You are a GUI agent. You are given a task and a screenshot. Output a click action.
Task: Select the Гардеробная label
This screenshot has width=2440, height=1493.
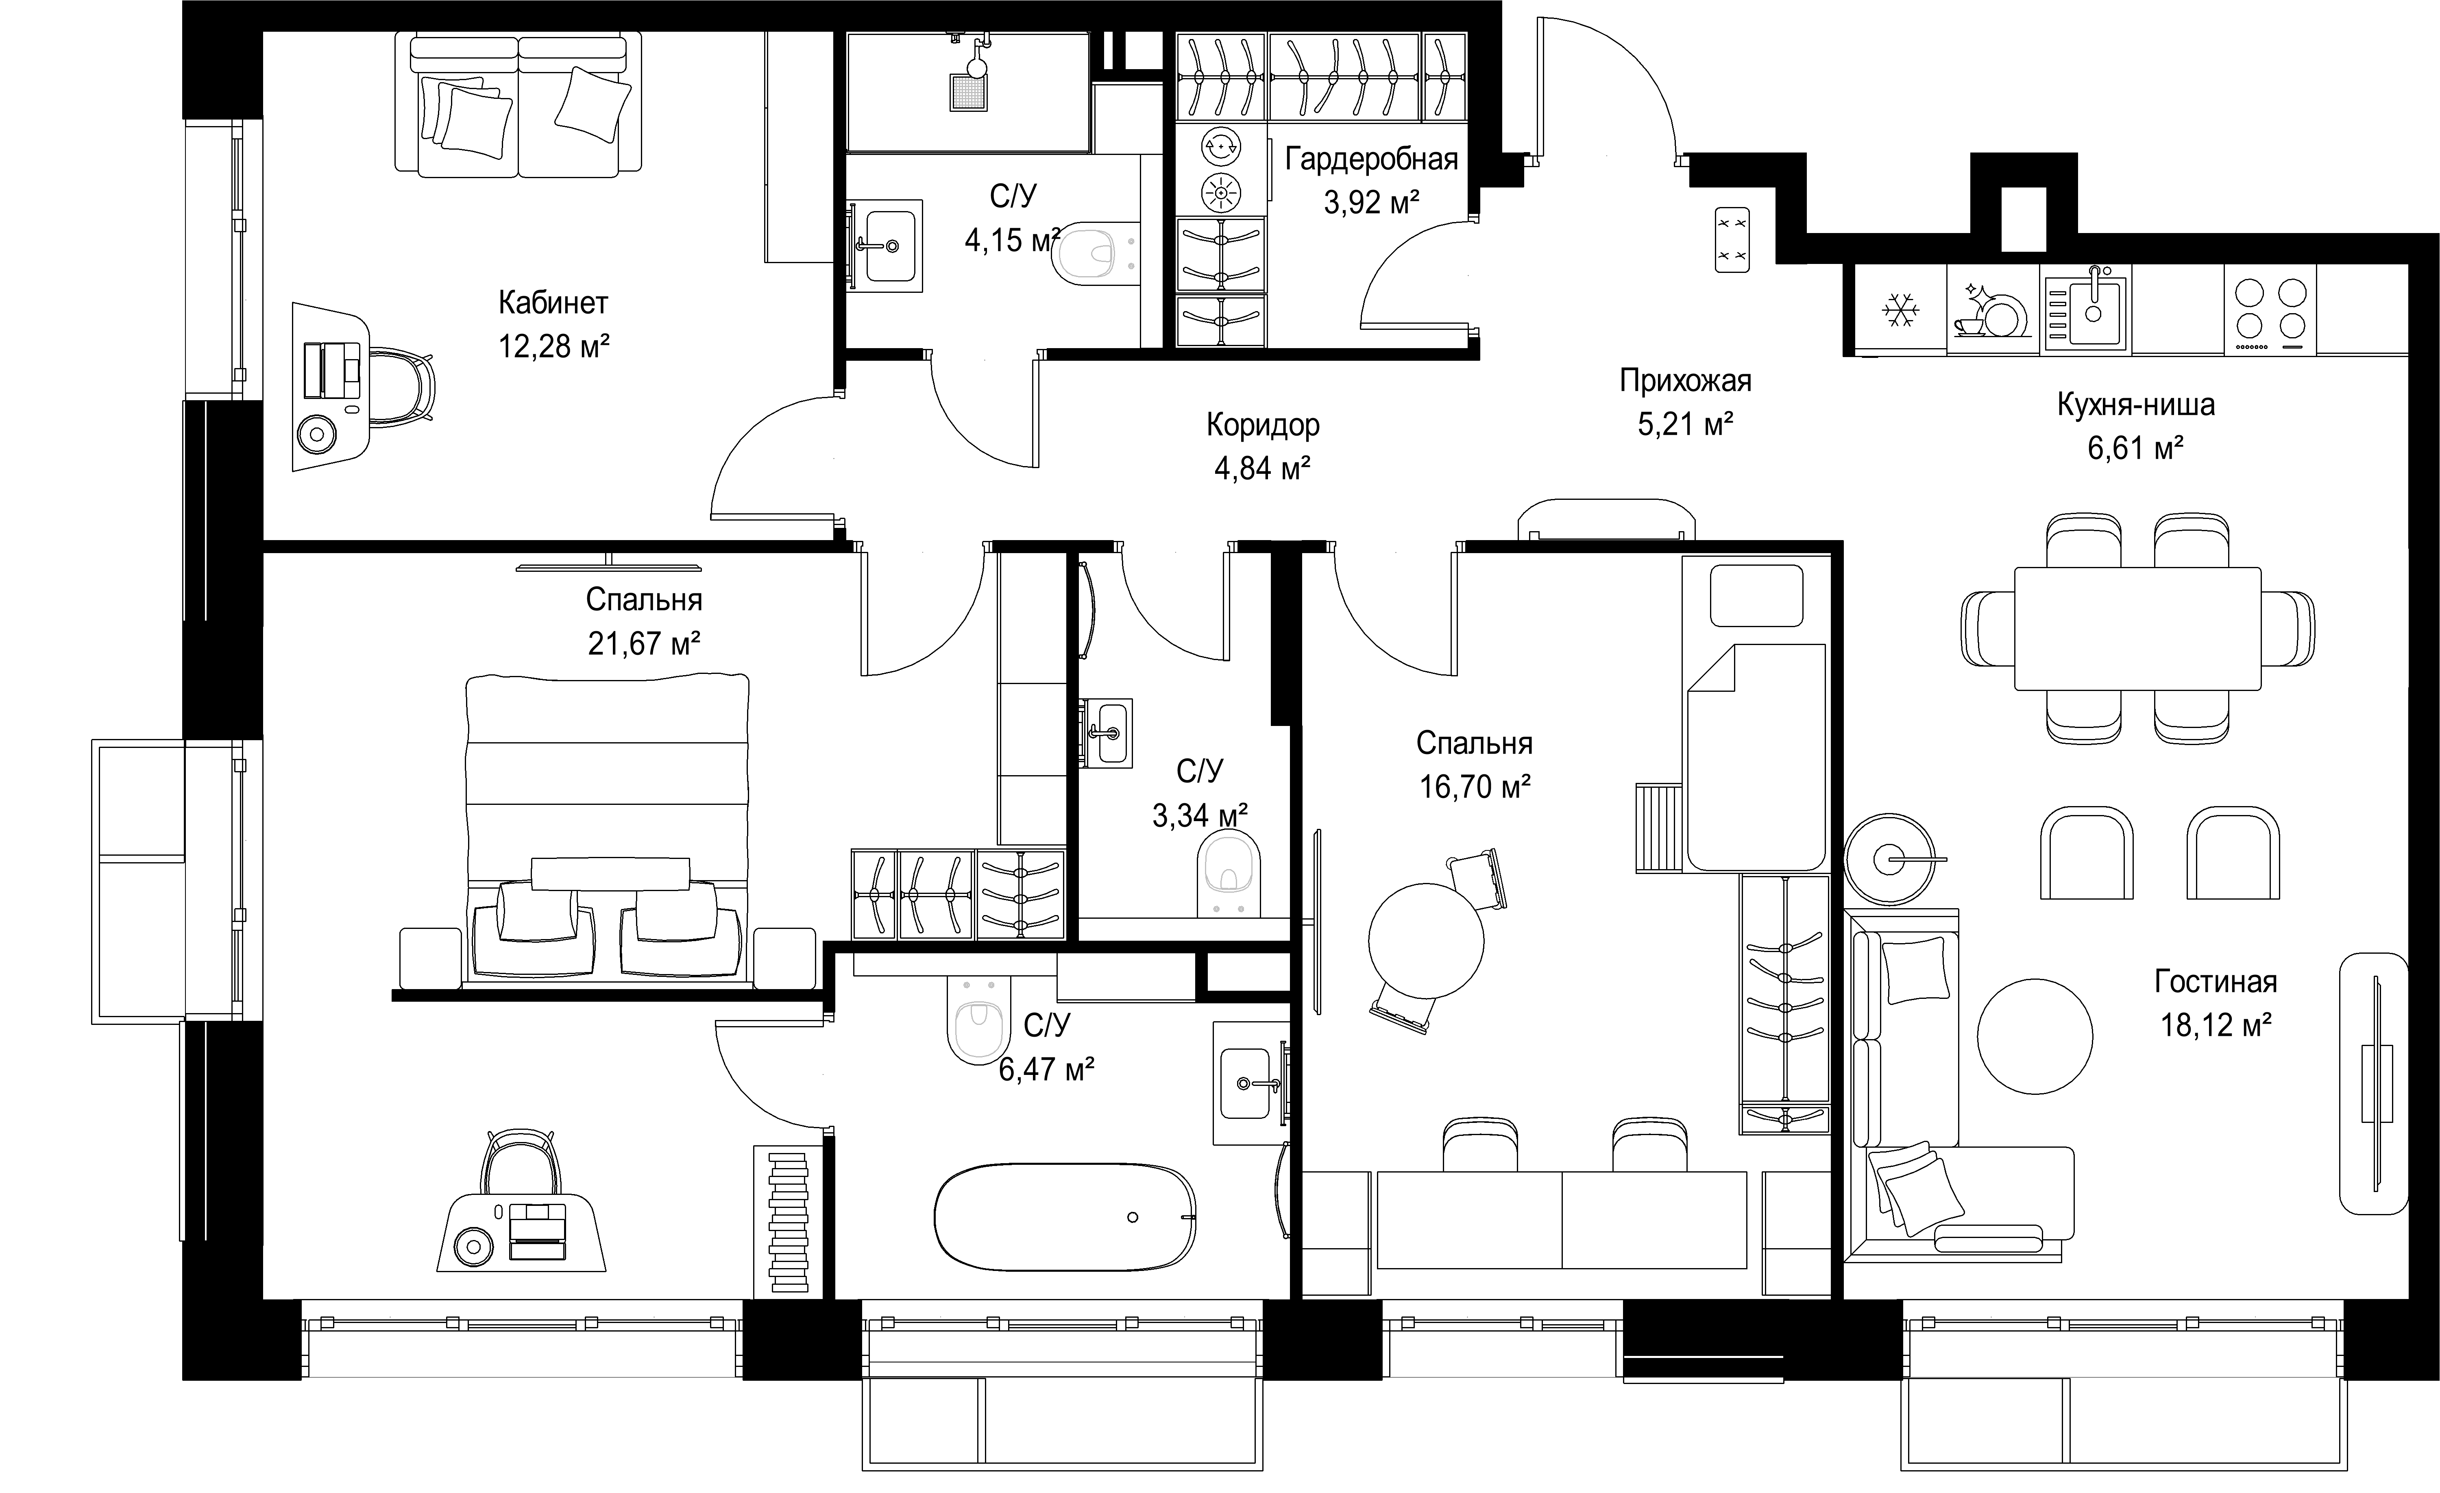(1372, 159)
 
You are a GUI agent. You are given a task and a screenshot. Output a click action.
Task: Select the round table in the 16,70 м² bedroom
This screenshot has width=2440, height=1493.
(1426, 941)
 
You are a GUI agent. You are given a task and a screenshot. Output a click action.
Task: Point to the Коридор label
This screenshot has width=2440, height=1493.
(1263, 425)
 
